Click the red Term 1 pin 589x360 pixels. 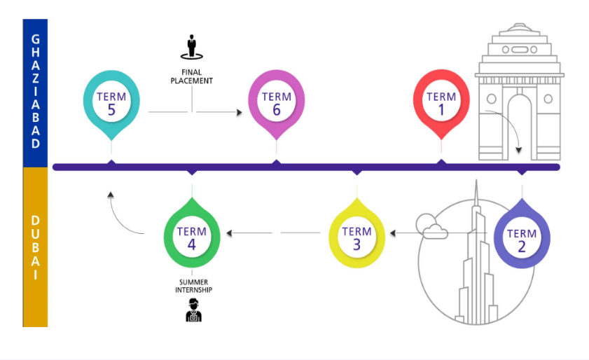(441, 102)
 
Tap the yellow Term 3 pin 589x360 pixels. (357, 235)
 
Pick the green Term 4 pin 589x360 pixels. (192, 235)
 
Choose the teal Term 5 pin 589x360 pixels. (111, 102)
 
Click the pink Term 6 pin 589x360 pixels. (277, 102)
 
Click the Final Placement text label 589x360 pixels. (192, 76)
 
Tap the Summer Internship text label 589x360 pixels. (193, 286)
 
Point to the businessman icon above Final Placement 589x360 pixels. (192, 47)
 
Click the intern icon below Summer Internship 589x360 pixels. (193, 310)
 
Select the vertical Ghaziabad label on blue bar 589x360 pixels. (36, 91)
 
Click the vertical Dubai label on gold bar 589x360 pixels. (36, 247)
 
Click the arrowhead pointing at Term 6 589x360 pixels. (240, 112)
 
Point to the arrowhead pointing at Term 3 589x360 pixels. (392, 233)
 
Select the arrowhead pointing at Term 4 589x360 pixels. (229, 233)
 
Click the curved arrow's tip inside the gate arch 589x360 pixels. (519, 151)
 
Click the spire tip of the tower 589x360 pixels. (476, 180)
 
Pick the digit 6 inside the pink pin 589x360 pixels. (277, 110)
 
